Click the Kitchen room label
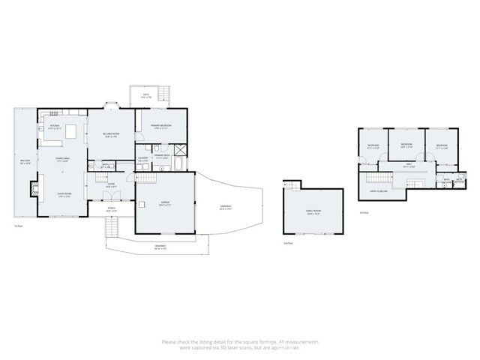click(x=54, y=127)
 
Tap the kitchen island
click(x=73, y=132)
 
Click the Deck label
click(x=145, y=96)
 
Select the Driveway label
click(x=225, y=208)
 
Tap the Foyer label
click(x=110, y=184)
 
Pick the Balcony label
click(x=24, y=162)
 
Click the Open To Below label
click(x=378, y=192)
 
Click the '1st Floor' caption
click(x=19, y=226)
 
